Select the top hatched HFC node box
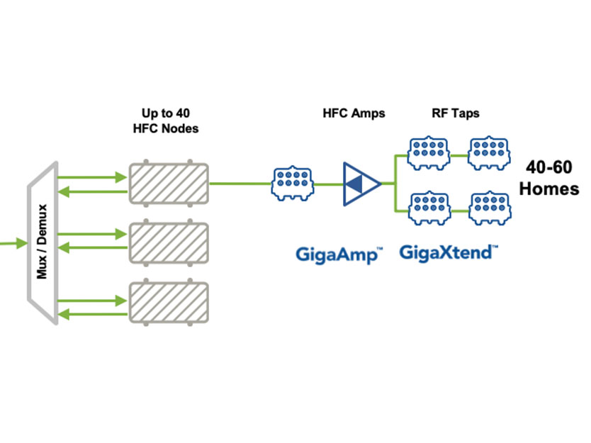(x=168, y=184)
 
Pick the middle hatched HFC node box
(x=168, y=242)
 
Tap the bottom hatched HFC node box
(x=168, y=302)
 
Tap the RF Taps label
(x=456, y=113)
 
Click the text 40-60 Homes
(x=551, y=178)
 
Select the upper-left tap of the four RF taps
(x=427, y=152)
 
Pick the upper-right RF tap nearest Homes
(x=488, y=152)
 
